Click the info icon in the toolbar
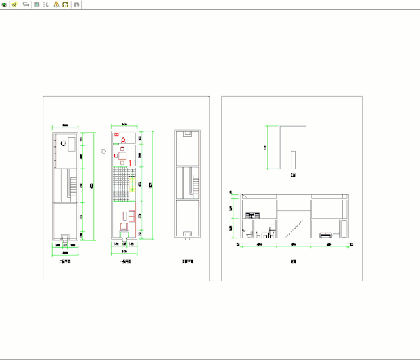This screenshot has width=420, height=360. pyautogui.click(x=76, y=4)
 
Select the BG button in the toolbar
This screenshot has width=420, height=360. pyautogui.click(x=46, y=4)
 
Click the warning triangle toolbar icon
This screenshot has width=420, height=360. pyautogui.click(x=56, y=4)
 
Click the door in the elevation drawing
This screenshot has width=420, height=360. pyautogui.click(x=294, y=161)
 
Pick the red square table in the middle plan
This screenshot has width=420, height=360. pyautogui.click(x=122, y=155)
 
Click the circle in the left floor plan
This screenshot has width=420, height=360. pyautogui.click(x=64, y=143)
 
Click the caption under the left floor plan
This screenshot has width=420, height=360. pyautogui.click(x=65, y=261)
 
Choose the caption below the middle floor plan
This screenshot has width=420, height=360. pyautogui.click(x=124, y=261)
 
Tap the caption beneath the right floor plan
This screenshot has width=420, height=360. pyautogui.click(x=187, y=261)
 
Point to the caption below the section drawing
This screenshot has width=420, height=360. pyautogui.click(x=293, y=261)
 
